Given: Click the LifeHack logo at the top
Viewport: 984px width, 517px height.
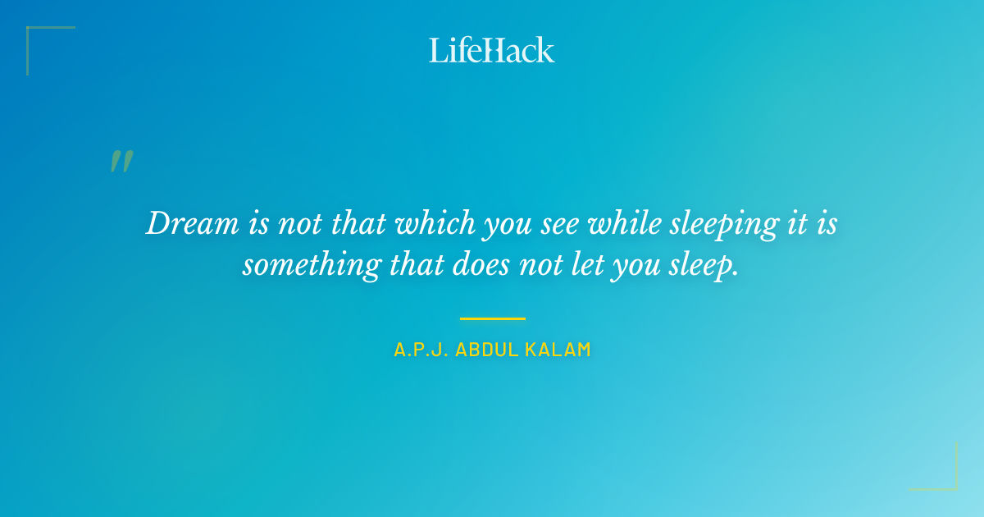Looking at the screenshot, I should click(x=492, y=50).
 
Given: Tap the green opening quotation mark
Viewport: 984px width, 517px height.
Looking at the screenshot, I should click(x=121, y=162).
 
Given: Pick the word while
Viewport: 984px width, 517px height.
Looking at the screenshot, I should click(x=620, y=224).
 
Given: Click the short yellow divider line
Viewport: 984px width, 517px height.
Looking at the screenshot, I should click(x=492, y=318).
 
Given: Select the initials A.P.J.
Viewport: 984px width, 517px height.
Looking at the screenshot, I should click(x=419, y=350).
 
